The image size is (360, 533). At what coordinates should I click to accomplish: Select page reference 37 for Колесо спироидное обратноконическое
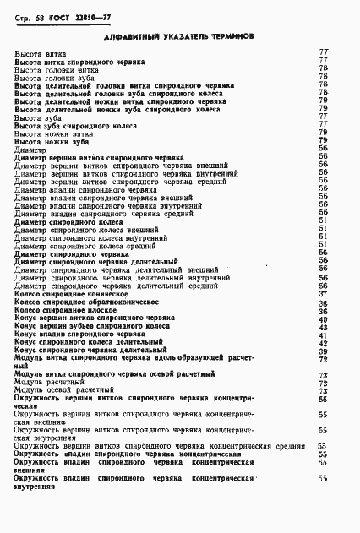[x=323, y=302]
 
